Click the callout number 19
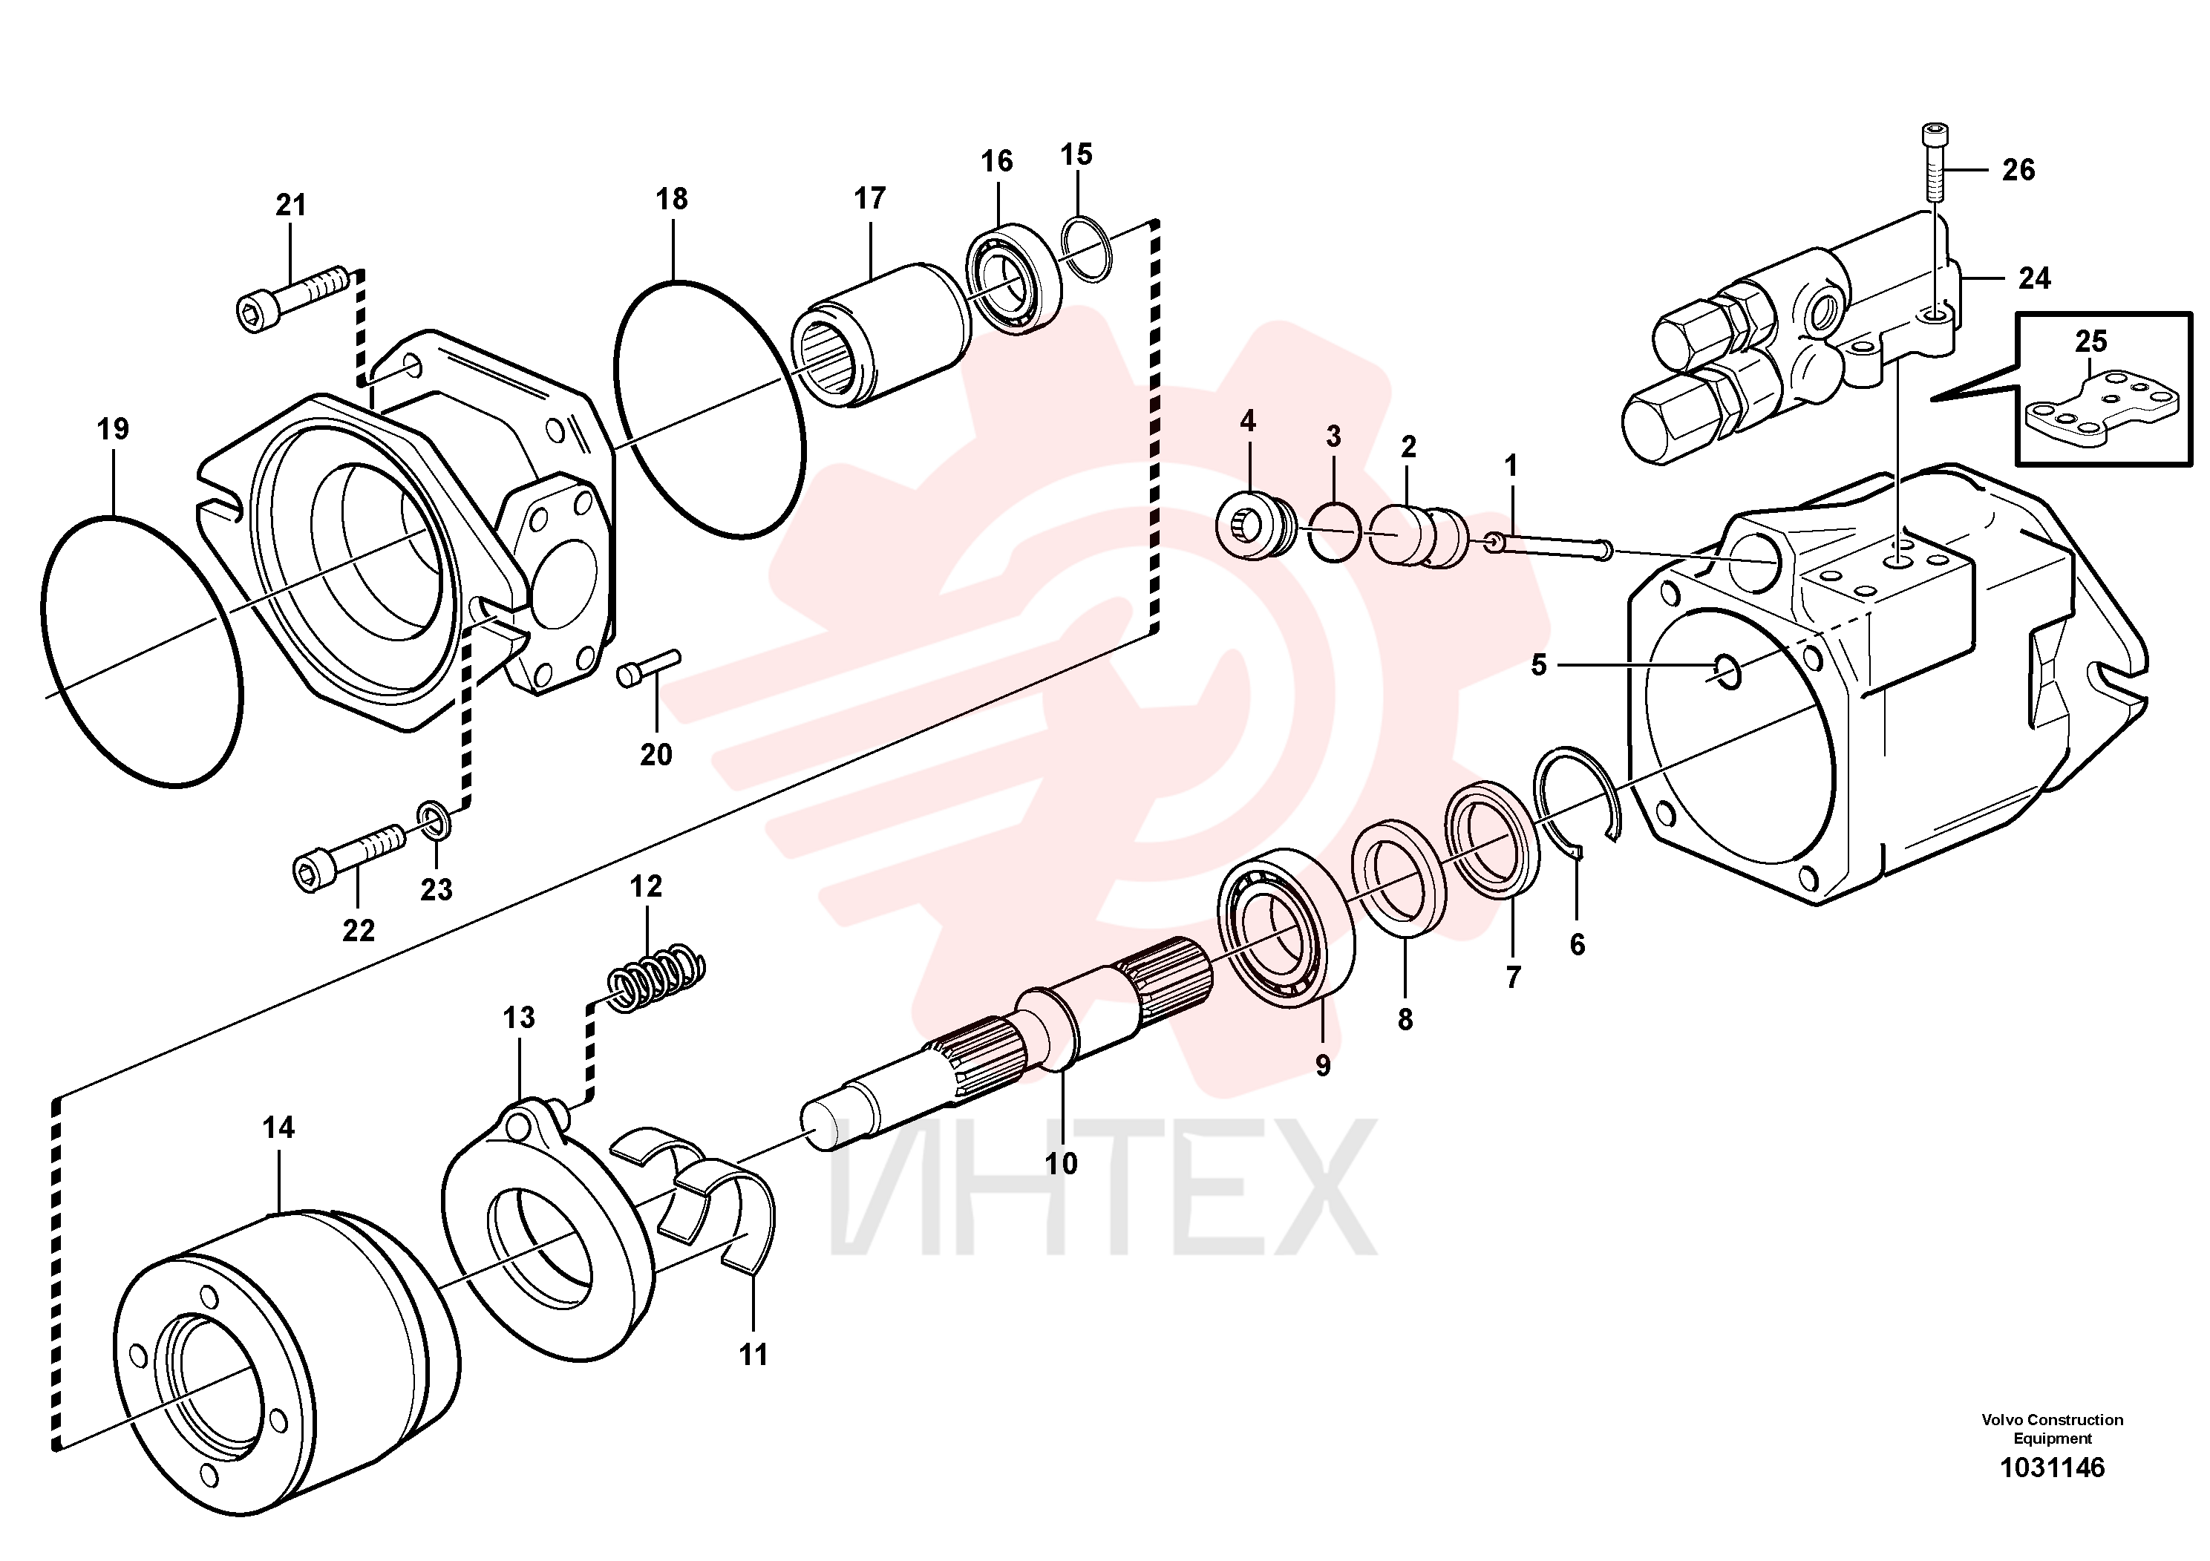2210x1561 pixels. pyautogui.click(x=113, y=428)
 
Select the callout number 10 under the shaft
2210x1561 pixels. pyautogui.click(x=1061, y=1164)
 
